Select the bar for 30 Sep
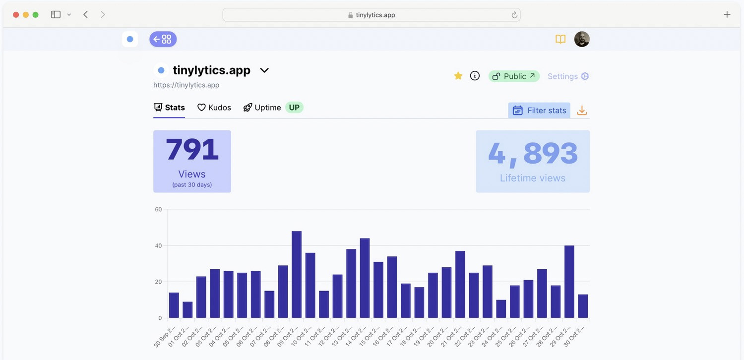(x=174, y=305)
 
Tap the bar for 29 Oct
(x=569, y=281)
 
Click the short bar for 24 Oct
(x=501, y=308)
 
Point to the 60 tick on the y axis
(x=158, y=209)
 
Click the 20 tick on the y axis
(x=158, y=282)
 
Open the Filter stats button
(x=539, y=110)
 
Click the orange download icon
(x=582, y=111)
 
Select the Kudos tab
(x=214, y=108)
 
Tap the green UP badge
(x=294, y=108)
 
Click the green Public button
(x=514, y=76)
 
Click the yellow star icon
(x=458, y=76)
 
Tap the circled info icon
(x=475, y=76)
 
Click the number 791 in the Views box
(x=192, y=150)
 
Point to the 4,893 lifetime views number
(x=533, y=153)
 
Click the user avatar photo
(x=582, y=39)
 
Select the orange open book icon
(x=560, y=39)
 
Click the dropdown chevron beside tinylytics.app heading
(x=264, y=70)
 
